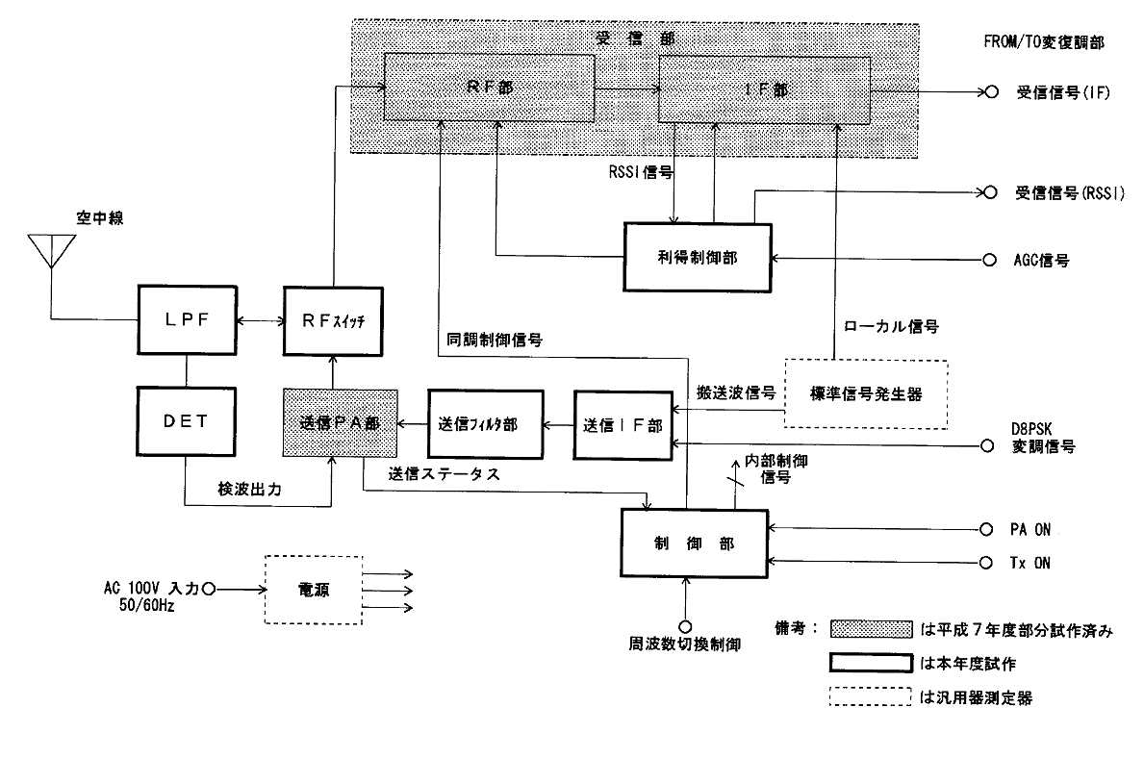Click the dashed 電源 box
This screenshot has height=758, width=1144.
coord(313,588)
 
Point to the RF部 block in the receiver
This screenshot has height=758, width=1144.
coord(489,88)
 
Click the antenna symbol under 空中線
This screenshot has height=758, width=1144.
coord(51,252)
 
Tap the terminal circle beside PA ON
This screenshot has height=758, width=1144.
coord(986,528)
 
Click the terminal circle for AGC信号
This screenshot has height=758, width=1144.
coord(986,260)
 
